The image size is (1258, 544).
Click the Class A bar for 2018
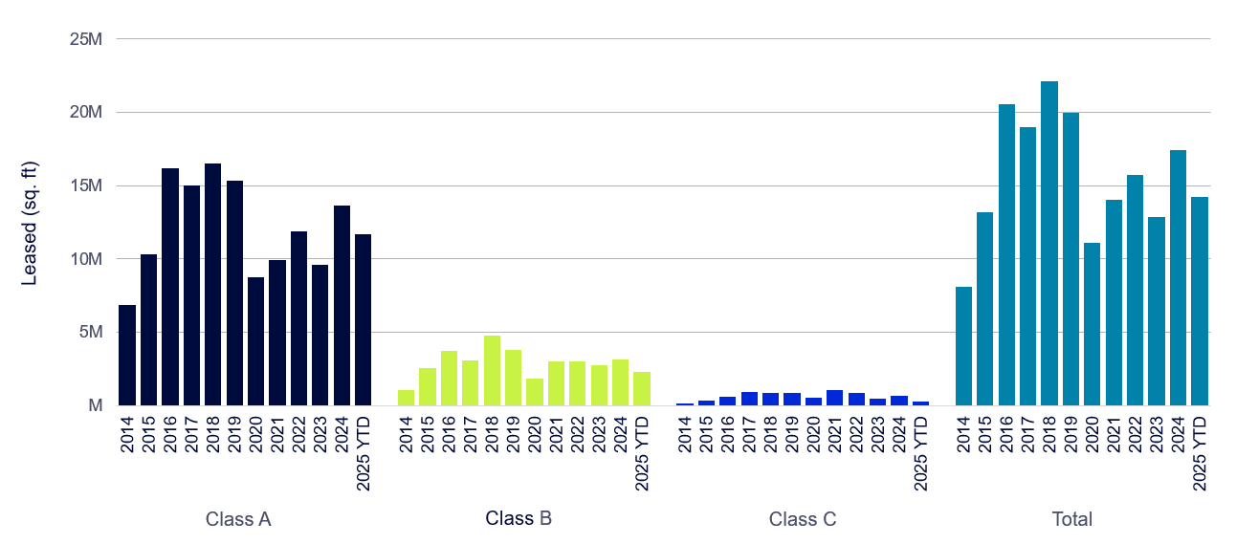pyautogui.click(x=212, y=284)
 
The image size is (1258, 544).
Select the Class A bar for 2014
pyautogui.click(x=127, y=355)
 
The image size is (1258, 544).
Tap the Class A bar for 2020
pyautogui.click(x=255, y=340)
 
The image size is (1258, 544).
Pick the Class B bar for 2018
pyautogui.click(x=492, y=370)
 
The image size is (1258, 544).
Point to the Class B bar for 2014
pyautogui.click(x=406, y=398)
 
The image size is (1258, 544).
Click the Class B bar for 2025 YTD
pyautogui.click(x=642, y=388)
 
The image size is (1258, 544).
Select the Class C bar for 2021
pyautogui.click(x=835, y=398)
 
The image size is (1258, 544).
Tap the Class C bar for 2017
pyautogui.click(x=749, y=399)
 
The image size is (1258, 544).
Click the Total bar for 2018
pyautogui.click(x=1049, y=243)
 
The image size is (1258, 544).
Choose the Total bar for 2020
pyautogui.click(x=1092, y=324)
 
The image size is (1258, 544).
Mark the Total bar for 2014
pyautogui.click(x=963, y=345)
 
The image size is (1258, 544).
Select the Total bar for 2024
pyautogui.click(x=1179, y=277)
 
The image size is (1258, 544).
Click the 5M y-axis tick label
pyautogui.click(x=89, y=332)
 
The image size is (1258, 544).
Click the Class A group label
pyautogui.click(x=238, y=519)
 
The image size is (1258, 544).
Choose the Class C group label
pyautogui.click(x=803, y=519)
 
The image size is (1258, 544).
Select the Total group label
pyautogui.click(x=1071, y=519)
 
